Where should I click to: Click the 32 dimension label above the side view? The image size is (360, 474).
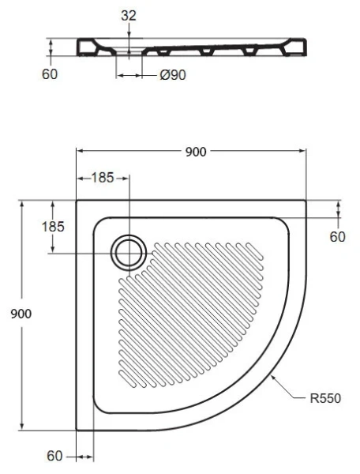tap(129, 14)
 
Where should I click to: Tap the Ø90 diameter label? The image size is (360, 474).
tap(172, 76)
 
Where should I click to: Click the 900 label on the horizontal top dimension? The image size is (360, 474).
tap(193, 152)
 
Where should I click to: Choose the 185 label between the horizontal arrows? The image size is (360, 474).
tap(103, 178)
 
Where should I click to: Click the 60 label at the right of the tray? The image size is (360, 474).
tap(338, 235)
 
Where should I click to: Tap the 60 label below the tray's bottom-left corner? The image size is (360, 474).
tap(55, 456)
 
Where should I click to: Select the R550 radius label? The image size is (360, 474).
tap(324, 397)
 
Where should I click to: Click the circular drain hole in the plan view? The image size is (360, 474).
tap(128, 251)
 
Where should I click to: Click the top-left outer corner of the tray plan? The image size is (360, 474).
tap(77, 200)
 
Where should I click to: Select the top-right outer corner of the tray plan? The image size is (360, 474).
tap(306, 200)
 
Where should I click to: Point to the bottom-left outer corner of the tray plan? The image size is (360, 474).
tap(77, 431)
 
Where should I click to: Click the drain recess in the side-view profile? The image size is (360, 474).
tap(129, 53)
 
